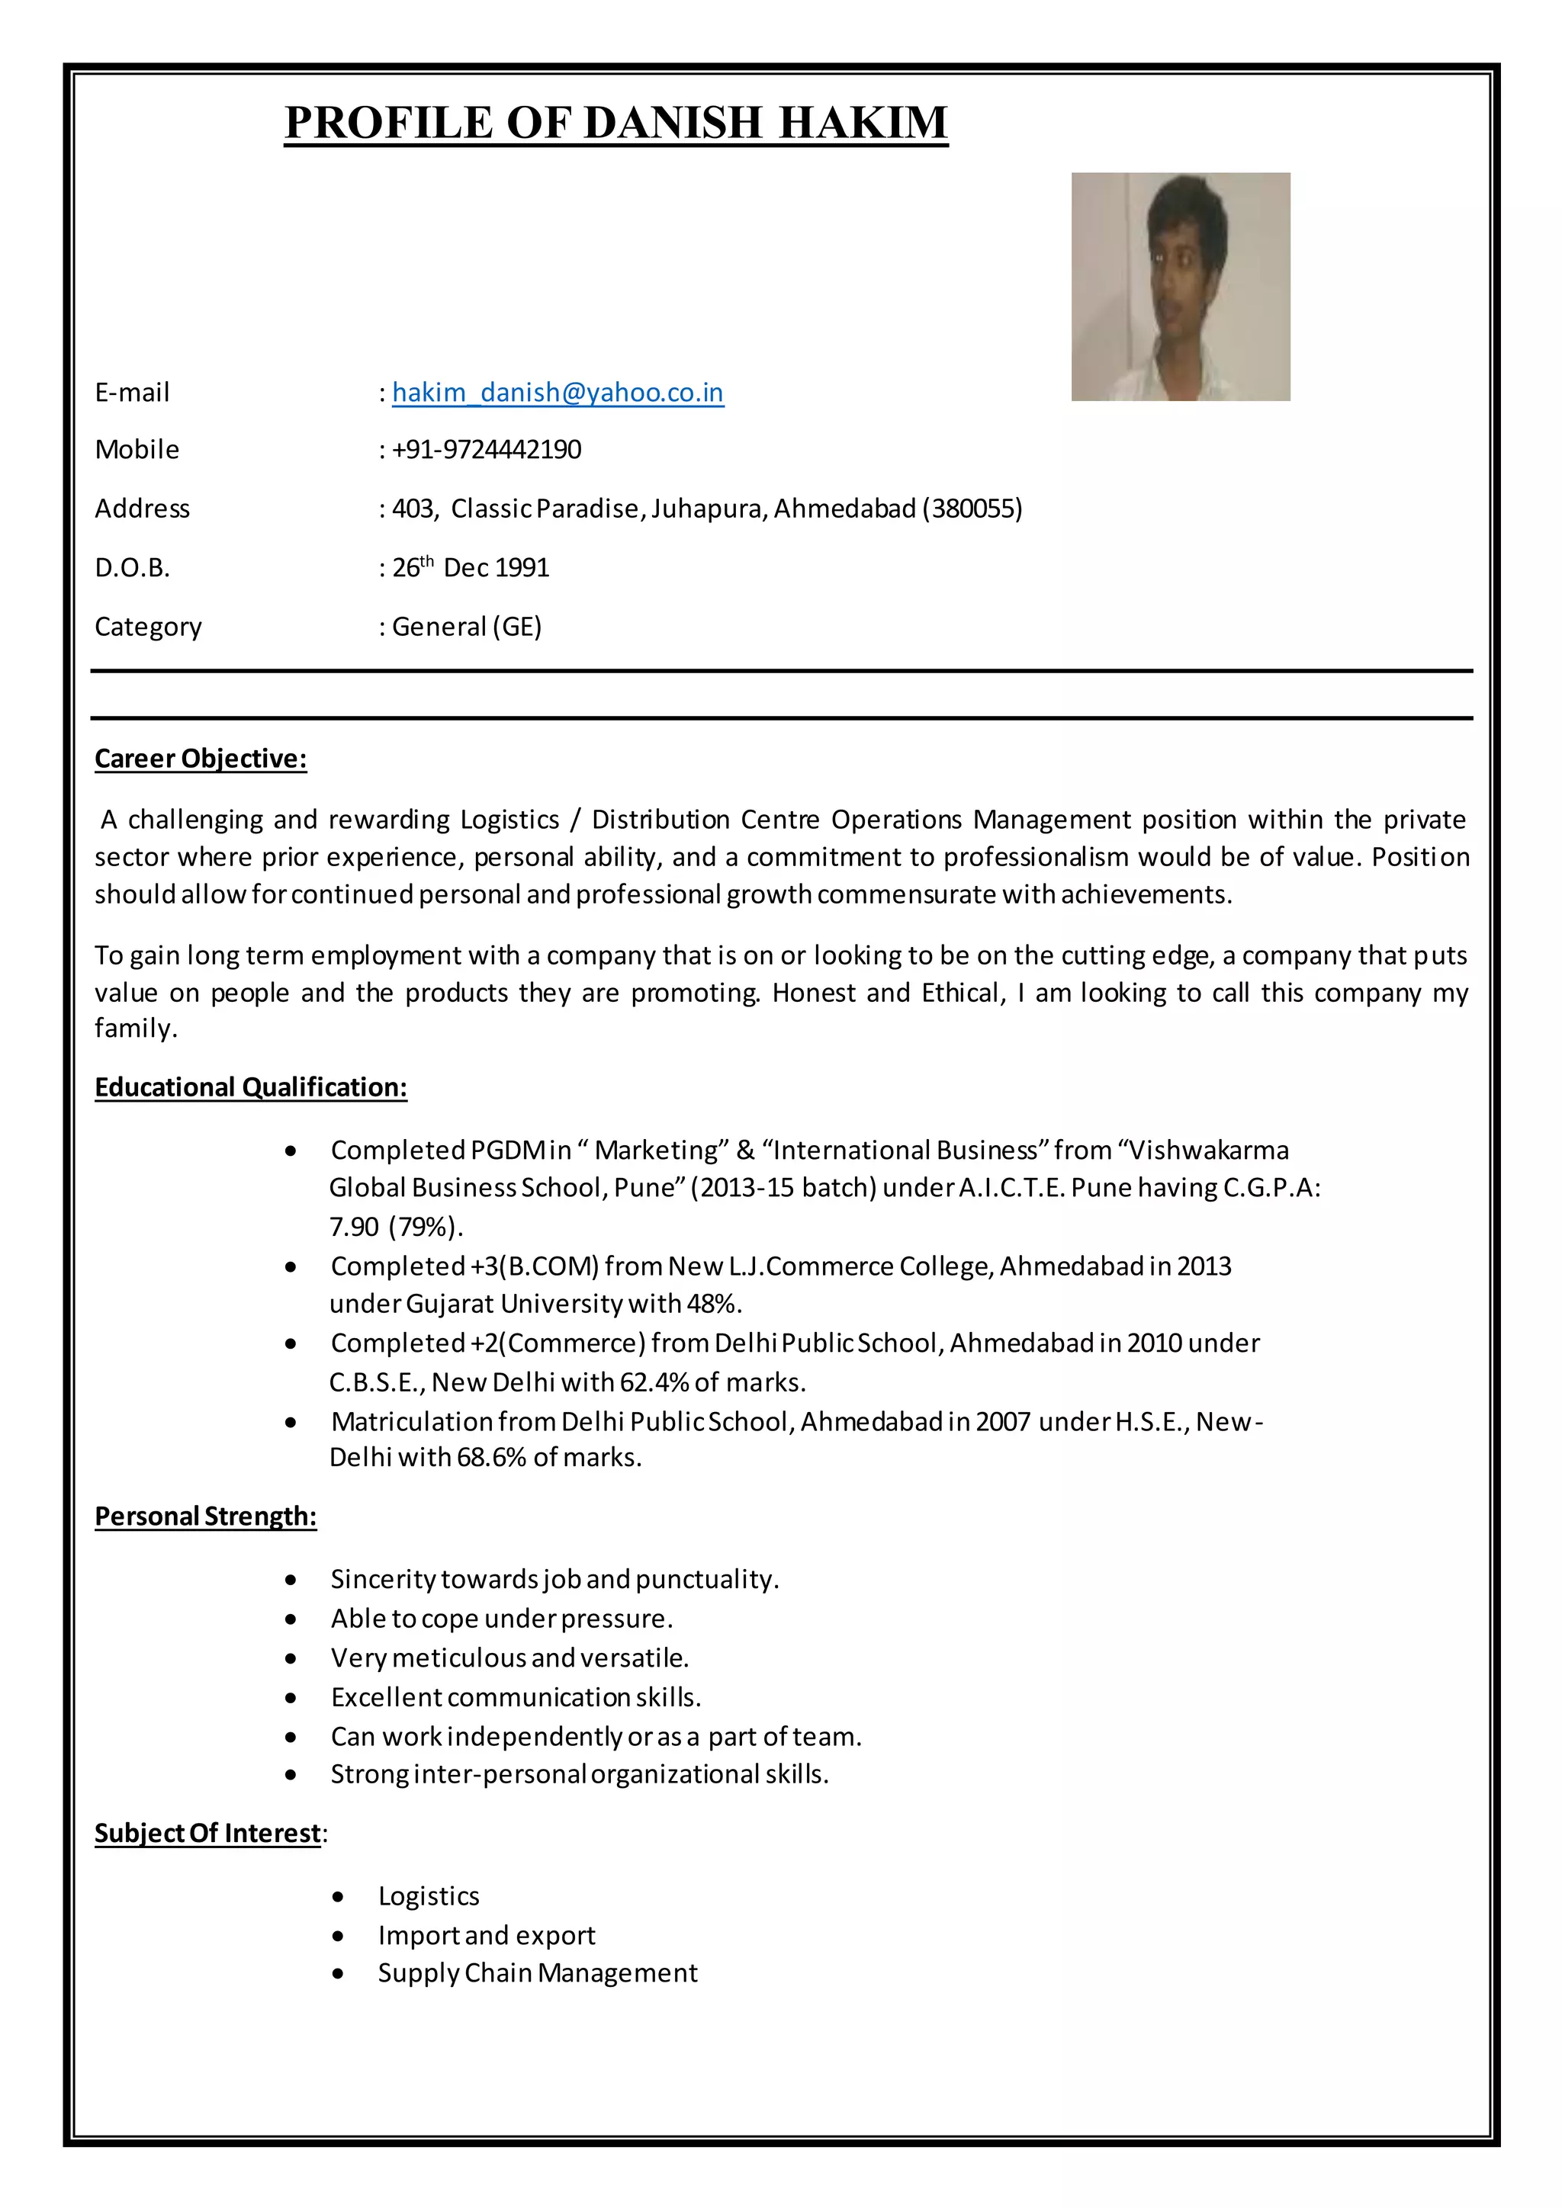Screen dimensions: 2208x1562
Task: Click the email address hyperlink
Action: coord(558,393)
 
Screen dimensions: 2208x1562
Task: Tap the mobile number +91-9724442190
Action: coord(487,450)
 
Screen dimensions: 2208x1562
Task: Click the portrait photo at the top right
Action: coord(1180,287)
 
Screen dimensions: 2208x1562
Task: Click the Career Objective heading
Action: coord(200,759)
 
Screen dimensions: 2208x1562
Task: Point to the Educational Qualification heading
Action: coord(250,1088)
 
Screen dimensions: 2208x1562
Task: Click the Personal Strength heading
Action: coord(205,1516)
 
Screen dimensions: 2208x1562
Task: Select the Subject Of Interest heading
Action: coord(207,1833)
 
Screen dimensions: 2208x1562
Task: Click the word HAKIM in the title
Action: coord(863,123)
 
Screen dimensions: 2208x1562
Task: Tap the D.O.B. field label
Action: coord(132,568)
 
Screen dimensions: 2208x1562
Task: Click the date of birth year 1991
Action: coord(522,568)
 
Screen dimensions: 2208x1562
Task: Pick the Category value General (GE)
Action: coord(467,627)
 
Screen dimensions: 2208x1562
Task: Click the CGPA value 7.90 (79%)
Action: coord(395,1227)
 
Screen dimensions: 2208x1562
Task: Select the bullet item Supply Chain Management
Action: coord(537,1972)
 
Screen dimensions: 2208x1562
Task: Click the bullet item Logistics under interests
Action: coord(428,1895)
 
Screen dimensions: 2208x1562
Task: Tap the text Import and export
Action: coord(487,1935)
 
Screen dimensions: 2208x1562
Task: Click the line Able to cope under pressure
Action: coord(501,1619)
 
